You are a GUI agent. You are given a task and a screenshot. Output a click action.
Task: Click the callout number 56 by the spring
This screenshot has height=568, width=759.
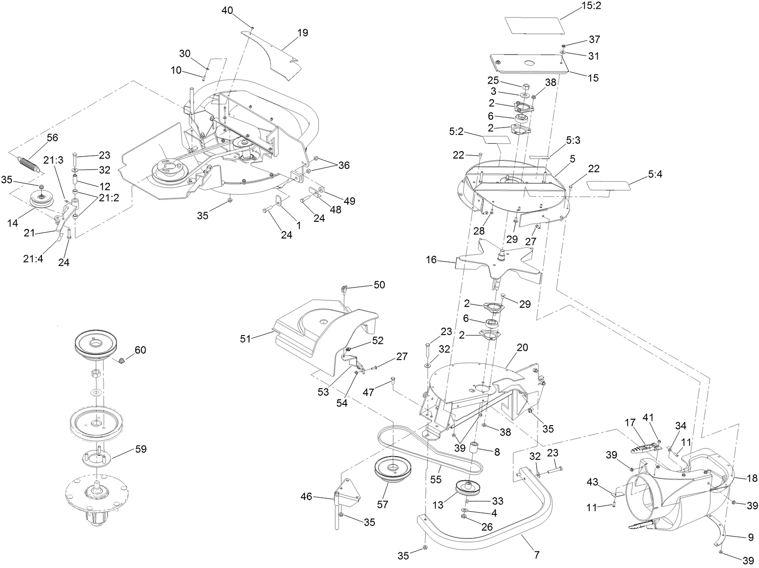(52, 137)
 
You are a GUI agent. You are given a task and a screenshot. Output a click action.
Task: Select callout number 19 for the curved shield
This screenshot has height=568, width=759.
(303, 33)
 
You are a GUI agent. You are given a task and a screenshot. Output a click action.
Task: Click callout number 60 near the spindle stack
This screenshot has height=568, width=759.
(140, 350)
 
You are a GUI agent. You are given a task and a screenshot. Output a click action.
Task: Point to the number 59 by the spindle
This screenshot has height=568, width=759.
(141, 448)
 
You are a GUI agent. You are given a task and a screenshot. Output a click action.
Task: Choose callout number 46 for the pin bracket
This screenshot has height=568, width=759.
(306, 497)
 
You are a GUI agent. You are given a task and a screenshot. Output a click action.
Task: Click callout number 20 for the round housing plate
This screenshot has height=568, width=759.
(522, 348)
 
